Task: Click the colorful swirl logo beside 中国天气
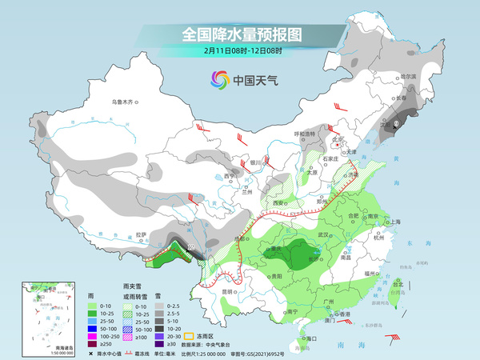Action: [x=218, y=79]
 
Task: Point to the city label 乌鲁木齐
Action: [x=126, y=102]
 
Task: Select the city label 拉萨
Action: [x=142, y=234]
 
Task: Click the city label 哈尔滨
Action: [x=409, y=77]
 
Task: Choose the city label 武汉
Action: [x=323, y=234]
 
